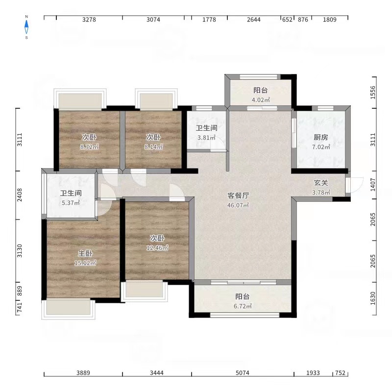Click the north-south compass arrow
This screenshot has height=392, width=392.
(26, 27)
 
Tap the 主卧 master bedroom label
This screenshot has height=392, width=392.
(85, 253)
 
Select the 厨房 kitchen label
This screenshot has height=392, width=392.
(321, 137)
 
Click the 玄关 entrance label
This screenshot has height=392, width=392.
(321, 183)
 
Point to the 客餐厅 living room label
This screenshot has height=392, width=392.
(238, 196)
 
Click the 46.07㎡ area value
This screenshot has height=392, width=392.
(238, 205)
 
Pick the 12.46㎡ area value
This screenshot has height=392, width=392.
(157, 248)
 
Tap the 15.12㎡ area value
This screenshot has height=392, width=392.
(85, 263)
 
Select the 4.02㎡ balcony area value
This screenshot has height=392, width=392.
(261, 100)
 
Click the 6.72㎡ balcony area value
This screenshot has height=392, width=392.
(243, 306)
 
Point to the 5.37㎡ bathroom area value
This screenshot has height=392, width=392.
(71, 203)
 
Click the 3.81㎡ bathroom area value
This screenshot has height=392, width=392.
(206, 138)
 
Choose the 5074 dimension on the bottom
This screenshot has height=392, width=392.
(243, 373)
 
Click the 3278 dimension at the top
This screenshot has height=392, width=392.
(89, 20)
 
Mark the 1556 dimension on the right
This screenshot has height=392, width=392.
(373, 93)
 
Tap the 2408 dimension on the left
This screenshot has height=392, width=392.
(19, 195)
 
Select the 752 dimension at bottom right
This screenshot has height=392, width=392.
(340, 373)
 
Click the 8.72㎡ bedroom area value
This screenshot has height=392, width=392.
(90, 147)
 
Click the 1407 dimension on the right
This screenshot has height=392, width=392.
(373, 185)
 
